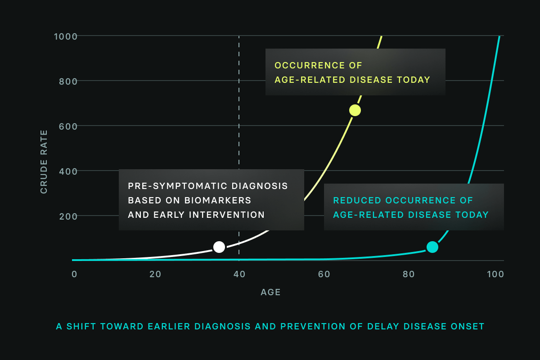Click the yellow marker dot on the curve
click(355, 110)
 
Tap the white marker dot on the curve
click(219, 247)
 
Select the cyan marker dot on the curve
click(432, 247)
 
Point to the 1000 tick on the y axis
click(66, 36)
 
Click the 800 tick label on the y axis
click(68, 81)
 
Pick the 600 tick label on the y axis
click(68, 126)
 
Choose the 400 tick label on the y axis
click(68, 171)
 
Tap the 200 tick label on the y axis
click(68, 216)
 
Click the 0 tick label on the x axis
click(75, 274)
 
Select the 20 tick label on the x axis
click(155, 274)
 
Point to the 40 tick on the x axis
click(239, 274)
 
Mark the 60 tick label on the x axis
click(324, 274)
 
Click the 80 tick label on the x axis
click(409, 274)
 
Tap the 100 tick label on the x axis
click(495, 274)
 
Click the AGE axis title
click(270, 292)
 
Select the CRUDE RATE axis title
click(44, 162)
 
